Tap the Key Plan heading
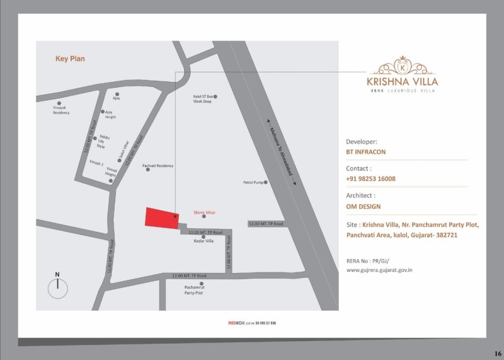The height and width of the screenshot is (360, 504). [70, 59]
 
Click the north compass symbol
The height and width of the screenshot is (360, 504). [57, 287]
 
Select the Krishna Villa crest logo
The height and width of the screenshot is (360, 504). [402, 66]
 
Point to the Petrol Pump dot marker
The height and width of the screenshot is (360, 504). [265, 182]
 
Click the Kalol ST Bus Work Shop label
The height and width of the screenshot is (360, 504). [202, 99]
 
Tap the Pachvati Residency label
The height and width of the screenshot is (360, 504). [157, 166]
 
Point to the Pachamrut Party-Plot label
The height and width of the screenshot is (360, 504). [194, 290]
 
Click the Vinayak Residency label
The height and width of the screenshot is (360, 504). [61, 110]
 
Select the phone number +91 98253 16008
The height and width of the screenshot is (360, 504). [371, 178]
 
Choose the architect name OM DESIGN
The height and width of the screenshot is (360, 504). [363, 206]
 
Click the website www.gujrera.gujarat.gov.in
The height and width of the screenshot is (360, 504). [379, 270]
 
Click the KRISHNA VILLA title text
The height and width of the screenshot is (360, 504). [402, 81]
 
